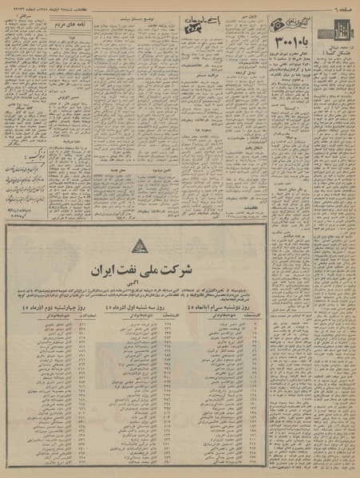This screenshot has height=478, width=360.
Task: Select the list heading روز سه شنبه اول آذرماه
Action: click(180, 309)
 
